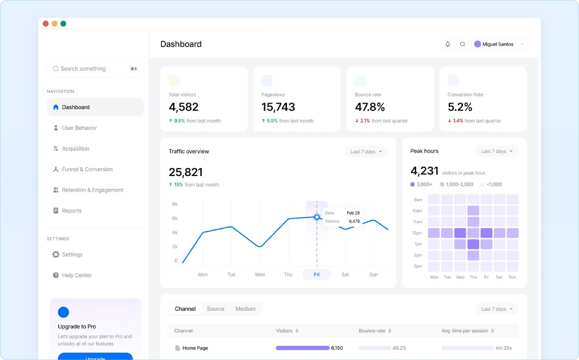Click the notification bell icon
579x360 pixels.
click(448, 44)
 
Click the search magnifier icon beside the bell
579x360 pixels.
click(462, 44)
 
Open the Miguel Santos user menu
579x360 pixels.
click(499, 44)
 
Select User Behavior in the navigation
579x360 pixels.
click(79, 128)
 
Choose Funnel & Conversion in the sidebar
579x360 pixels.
click(87, 169)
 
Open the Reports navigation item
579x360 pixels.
click(72, 211)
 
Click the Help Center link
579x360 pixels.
click(77, 275)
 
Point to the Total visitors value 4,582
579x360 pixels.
click(183, 107)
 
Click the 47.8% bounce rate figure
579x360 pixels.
click(369, 107)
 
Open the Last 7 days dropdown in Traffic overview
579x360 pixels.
click(366, 151)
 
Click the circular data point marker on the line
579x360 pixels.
click(317, 217)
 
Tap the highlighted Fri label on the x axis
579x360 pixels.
click(317, 275)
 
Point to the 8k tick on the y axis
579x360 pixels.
click(175, 204)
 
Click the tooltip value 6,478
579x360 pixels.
click(354, 221)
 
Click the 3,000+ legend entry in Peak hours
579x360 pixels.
click(422, 184)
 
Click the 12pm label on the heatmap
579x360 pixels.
click(417, 233)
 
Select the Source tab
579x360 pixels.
click(215, 309)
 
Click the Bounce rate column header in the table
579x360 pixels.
click(372, 331)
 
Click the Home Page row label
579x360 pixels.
click(195, 348)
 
